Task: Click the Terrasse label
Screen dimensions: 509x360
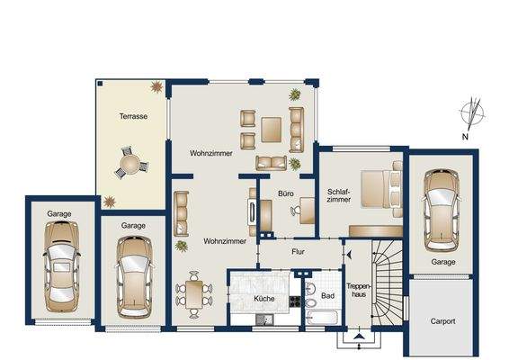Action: [x=133, y=116]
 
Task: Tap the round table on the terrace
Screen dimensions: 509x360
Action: [x=129, y=164]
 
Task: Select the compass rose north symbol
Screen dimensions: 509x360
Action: [x=471, y=114]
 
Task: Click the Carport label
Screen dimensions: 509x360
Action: [x=442, y=321]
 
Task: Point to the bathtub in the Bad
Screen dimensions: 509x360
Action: [x=323, y=318]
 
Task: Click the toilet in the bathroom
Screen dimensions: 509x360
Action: [x=311, y=302]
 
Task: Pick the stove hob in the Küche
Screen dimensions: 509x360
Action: [x=295, y=301]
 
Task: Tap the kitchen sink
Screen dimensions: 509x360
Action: [x=263, y=319]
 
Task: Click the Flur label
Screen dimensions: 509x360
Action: [x=298, y=251]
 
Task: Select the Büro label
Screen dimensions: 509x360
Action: [x=286, y=193]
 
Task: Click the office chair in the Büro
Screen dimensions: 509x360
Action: [x=295, y=211]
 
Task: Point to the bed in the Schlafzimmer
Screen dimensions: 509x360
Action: [x=381, y=189]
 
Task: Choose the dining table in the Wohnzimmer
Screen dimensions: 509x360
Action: [x=194, y=294]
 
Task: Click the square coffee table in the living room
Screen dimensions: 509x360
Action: [x=271, y=130]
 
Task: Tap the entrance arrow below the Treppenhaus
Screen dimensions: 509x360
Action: [x=358, y=337]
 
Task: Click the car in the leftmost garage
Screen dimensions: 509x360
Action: [x=61, y=266]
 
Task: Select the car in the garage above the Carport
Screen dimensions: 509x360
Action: [x=442, y=210]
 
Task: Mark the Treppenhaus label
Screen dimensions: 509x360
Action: [x=359, y=291]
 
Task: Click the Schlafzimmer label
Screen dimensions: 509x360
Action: [x=338, y=195]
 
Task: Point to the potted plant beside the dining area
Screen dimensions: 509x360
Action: [x=182, y=246]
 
